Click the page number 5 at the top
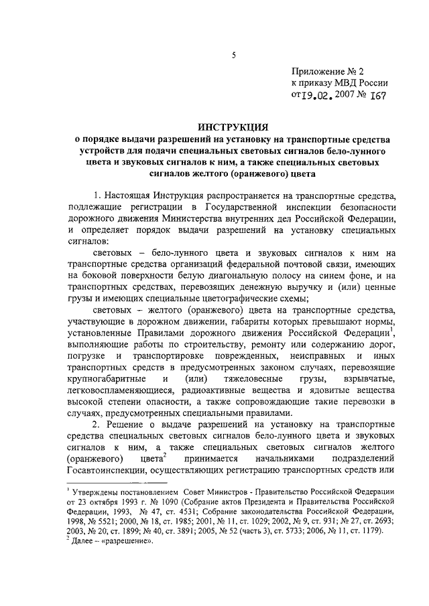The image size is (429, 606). [x=234, y=56]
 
